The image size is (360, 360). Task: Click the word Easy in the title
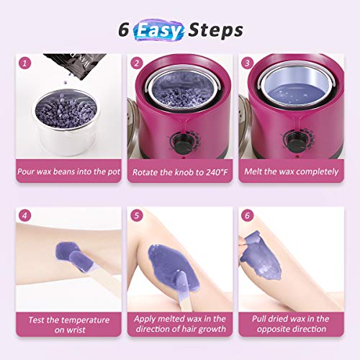(159, 30)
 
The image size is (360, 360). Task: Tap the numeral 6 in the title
(123, 31)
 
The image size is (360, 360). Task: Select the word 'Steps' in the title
(214, 30)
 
